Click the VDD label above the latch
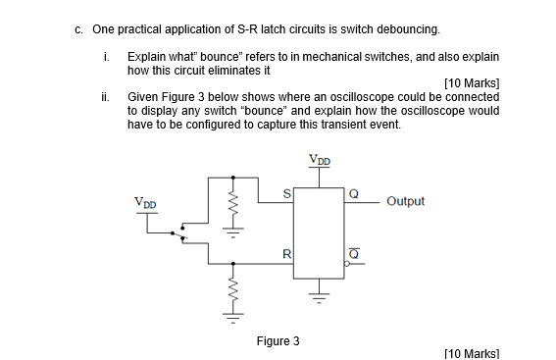pos(321,159)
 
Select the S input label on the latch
pos(286,193)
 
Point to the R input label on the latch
pos(286,255)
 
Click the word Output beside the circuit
pos(406,201)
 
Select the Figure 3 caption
pos(278,341)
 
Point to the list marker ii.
pos(105,97)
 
